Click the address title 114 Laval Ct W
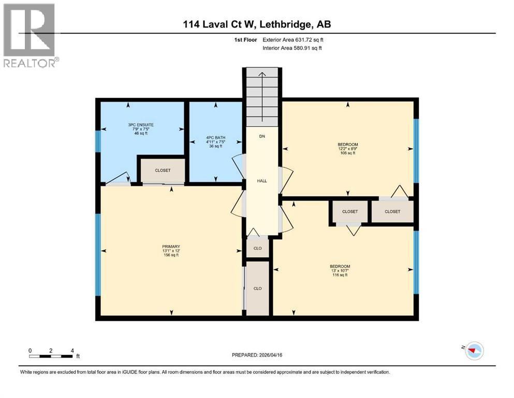[x=257, y=25]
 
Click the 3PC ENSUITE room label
[x=141, y=125]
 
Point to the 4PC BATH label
[x=215, y=138]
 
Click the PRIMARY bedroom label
[x=171, y=246]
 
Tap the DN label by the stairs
[x=262, y=136]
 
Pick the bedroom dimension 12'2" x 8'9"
[x=347, y=149]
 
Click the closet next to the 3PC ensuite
[x=161, y=170]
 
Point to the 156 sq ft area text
[x=171, y=255]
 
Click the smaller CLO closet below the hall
[x=257, y=248]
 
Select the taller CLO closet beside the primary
[x=257, y=288]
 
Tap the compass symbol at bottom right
[x=474, y=351]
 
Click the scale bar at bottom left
[x=51, y=356]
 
